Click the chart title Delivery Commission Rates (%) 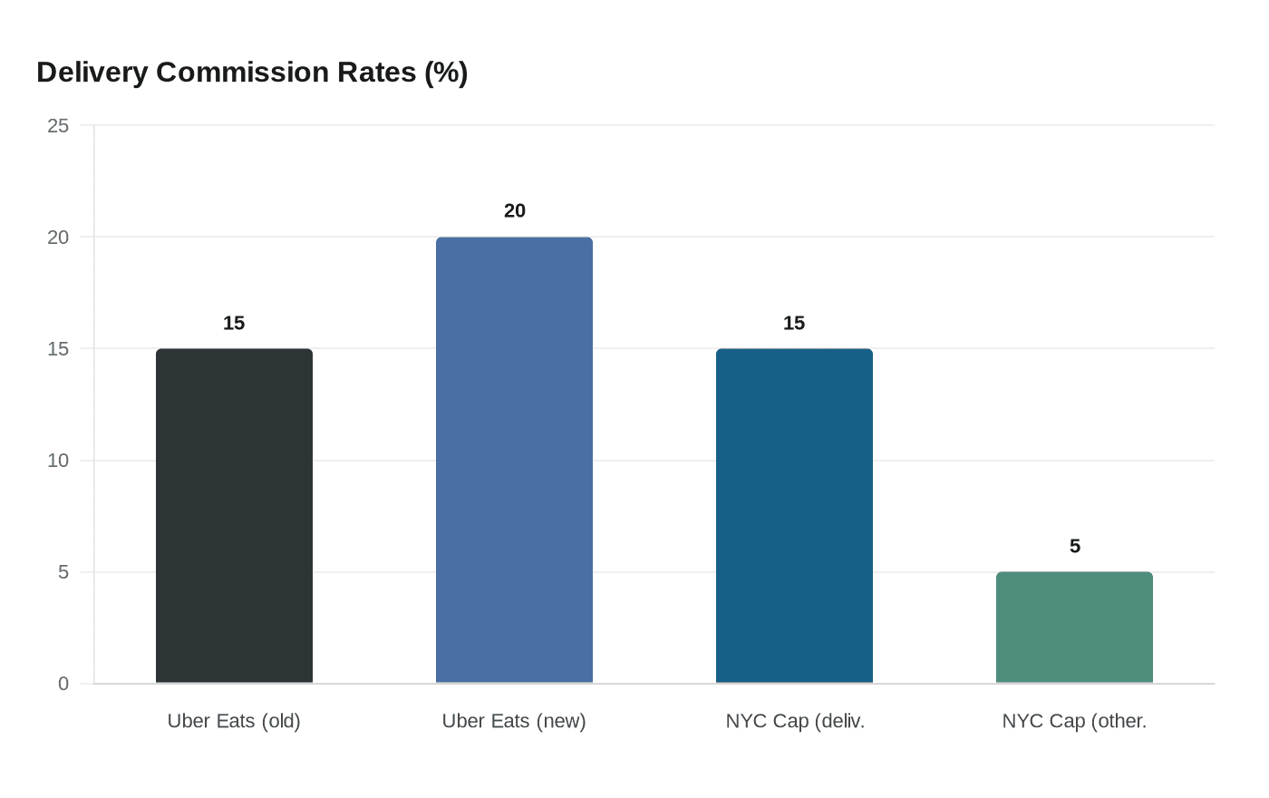point(252,73)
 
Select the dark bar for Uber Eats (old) point(234,516)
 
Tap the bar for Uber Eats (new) point(514,460)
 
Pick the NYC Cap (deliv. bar point(794,516)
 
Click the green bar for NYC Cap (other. point(1074,628)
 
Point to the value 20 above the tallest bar point(514,211)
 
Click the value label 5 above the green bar point(1074,547)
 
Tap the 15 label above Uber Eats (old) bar point(234,324)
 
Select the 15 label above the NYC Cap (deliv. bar point(794,324)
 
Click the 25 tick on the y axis point(58,126)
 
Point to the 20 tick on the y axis point(58,238)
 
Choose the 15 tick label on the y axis point(58,349)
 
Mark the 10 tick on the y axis point(58,461)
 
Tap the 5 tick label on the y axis point(63,572)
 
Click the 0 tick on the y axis point(63,684)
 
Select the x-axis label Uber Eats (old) point(234,721)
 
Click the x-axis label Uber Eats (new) point(514,721)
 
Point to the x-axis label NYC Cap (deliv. point(795,721)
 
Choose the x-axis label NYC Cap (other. point(1074,721)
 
